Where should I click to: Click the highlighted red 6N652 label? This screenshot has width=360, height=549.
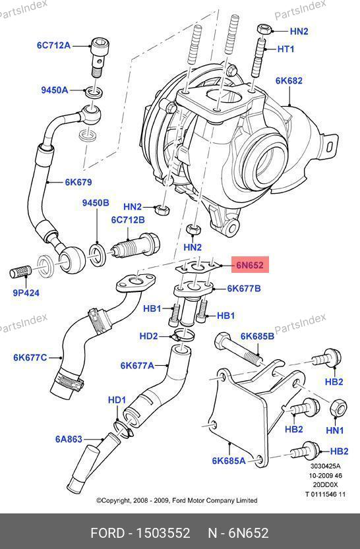tap(250, 265)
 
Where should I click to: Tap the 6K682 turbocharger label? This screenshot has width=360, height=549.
tap(289, 80)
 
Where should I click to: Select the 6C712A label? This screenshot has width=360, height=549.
tap(53, 45)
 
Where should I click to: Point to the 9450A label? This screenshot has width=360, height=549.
tap(55, 90)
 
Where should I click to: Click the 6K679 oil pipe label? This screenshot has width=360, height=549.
tap(78, 182)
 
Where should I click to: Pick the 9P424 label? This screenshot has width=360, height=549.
tap(26, 293)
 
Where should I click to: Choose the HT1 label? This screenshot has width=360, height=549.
tap(285, 49)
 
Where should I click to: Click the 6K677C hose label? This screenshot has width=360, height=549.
tap(30, 357)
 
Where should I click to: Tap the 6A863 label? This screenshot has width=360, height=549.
tap(69, 439)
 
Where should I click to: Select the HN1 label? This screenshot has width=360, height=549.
tap(335, 430)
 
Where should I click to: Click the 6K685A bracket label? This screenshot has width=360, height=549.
tap(229, 461)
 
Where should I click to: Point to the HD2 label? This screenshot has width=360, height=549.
tap(149, 336)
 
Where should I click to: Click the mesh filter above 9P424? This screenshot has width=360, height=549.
tap(21, 272)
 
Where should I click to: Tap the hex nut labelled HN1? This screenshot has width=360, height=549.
tap(339, 408)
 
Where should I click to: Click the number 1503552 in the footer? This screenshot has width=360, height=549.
tap(163, 533)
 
